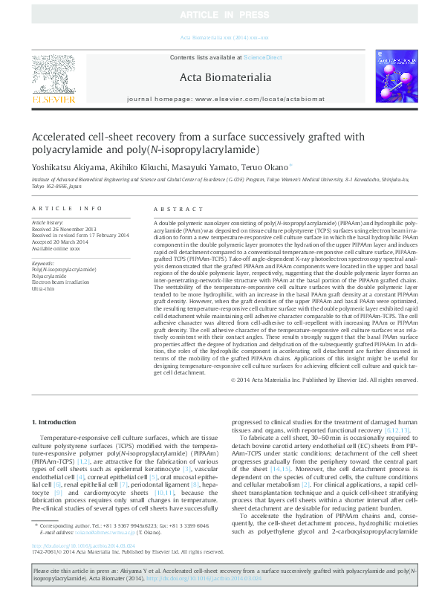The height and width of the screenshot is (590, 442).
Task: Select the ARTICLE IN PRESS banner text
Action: point(221,14)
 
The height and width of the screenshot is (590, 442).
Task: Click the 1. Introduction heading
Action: point(56,423)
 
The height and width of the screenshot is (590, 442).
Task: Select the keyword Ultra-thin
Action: point(43,288)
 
